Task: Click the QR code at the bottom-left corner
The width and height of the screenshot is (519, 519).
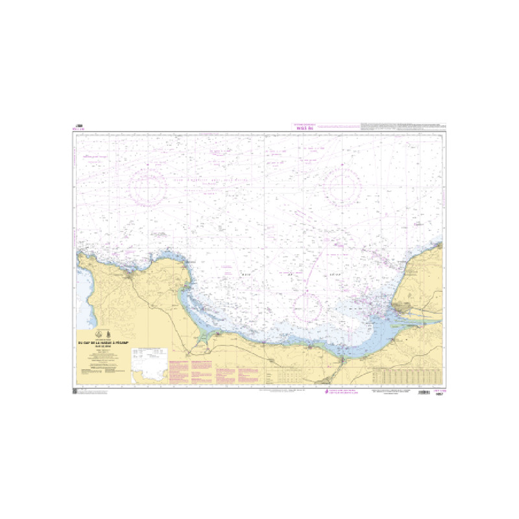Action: [x=75, y=391]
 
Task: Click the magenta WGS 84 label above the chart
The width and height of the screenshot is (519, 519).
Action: [x=304, y=128]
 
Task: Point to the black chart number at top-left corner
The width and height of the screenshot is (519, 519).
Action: [x=80, y=127]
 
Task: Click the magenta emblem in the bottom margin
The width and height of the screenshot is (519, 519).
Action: [x=326, y=392]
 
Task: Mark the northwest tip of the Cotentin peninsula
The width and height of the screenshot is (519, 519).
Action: [x=80, y=256]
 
